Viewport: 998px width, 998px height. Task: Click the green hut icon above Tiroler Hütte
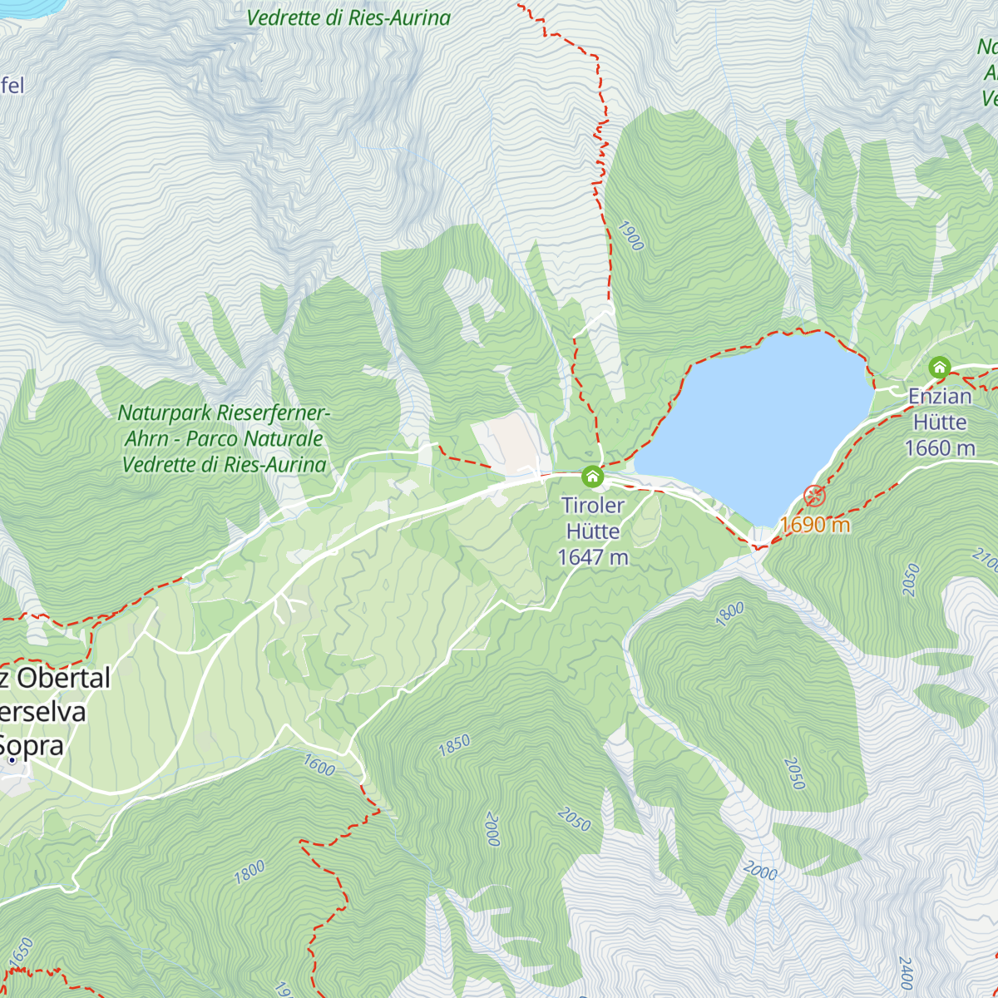pyautogui.click(x=592, y=477)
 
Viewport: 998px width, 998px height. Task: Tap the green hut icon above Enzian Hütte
pyautogui.click(x=940, y=368)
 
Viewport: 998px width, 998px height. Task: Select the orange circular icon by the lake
pyautogui.click(x=815, y=497)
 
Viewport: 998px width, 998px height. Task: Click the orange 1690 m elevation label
pyautogui.click(x=815, y=525)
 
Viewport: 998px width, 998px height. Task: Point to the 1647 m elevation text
pyautogui.click(x=593, y=557)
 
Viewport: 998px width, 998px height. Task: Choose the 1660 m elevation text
pyautogui.click(x=940, y=448)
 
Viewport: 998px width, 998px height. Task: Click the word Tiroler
pyautogui.click(x=593, y=505)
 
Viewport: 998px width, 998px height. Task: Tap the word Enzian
pyautogui.click(x=940, y=396)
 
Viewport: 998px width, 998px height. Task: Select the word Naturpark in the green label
pyautogui.click(x=165, y=413)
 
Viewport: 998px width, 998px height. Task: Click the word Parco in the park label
pyautogui.click(x=215, y=438)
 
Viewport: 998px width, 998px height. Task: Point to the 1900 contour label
pyautogui.click(x=631, y=235)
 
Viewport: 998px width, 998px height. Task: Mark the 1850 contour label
pyautogui.click(x=454, y=745)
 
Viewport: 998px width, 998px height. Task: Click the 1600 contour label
pyautogui.click(x=319, y=764)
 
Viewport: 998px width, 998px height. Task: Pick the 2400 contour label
pyautogui.click(x=906, y=973)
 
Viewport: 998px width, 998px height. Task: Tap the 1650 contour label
pyautogui.click(x=21, y=951)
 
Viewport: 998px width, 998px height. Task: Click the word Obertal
pyautogui.click(x=63, y=678)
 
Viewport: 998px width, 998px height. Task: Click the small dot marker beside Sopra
pyautogui.click(x=12, y=759)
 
